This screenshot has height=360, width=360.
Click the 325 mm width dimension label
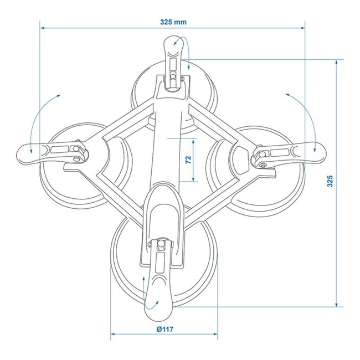[x=172, y=22]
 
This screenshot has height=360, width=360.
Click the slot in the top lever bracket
[x=173, y=74]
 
